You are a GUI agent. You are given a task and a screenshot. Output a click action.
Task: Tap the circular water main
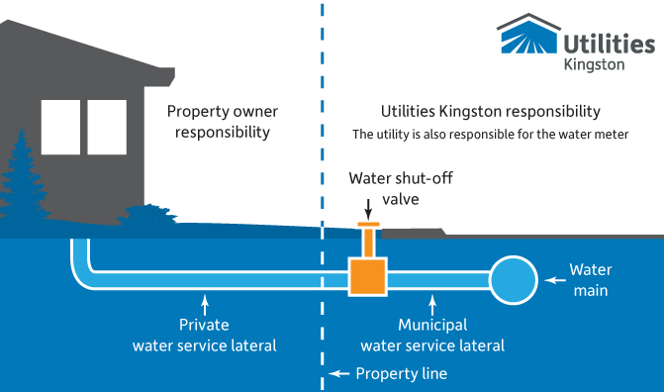(x=514, y=279)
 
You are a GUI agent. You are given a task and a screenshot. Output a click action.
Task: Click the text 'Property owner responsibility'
(x=218, y=121)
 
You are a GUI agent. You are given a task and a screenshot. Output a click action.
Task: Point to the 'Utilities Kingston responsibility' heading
(x=491, y=112)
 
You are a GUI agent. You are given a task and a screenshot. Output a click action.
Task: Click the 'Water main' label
(x=591, y=279)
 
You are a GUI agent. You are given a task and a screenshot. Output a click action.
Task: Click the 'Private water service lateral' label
(x=204, y=335)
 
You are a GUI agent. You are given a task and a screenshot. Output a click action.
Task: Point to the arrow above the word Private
(x=204, y=302)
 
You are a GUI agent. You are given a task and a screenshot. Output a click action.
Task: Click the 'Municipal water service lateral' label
(x=432, y=335)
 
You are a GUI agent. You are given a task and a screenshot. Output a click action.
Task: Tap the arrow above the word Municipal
(x=432, y=302)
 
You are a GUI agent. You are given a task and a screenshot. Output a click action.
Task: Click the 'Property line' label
(x=401, y=373)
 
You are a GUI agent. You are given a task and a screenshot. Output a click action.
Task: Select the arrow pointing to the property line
(x=339, y=373)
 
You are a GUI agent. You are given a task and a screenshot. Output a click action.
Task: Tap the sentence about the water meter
(x=491, y=134)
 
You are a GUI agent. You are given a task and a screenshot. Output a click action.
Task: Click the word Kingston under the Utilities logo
(x=593, y=63)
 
